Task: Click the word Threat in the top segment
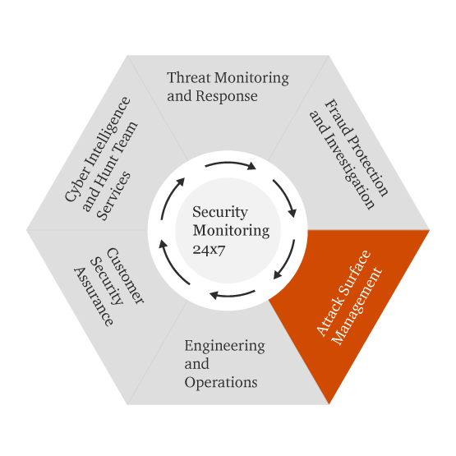click(188, 78)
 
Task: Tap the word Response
click(227, 97)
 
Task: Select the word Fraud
click(339, 117)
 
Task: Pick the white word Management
click(357, 306)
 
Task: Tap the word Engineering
click(224, 347)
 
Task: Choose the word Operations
click(221, 382)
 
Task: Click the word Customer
click(126, 276)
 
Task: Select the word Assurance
click(93, 297)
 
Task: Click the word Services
click(113, 196)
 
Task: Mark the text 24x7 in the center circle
click(209, 250)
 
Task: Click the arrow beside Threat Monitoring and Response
click(231, 164)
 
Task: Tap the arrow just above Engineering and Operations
click(233, 295)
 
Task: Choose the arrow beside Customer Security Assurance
click(172, 264)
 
